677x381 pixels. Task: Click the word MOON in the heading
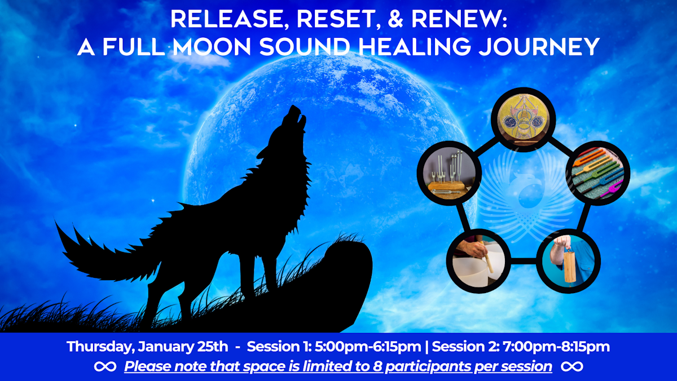tap(206, 47)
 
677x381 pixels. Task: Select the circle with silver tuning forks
tap(449, 173)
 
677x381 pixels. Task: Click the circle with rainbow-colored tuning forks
tap(597, 172)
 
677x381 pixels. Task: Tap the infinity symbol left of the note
tap(105, 367)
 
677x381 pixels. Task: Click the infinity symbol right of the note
tap(572, 367)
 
